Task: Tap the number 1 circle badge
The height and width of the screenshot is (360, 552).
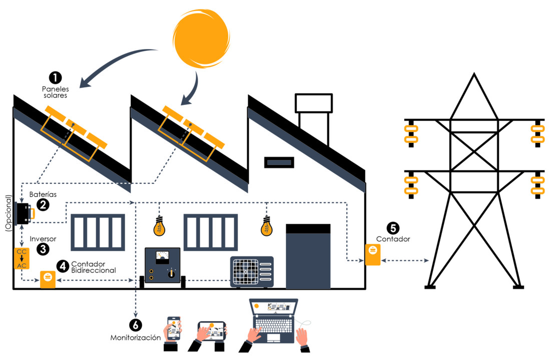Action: point(55,77)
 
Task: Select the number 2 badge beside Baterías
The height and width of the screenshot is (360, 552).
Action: point(43,204)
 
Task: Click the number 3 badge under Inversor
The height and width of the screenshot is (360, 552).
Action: point(43,248)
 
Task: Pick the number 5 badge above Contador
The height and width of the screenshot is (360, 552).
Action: point(393,228)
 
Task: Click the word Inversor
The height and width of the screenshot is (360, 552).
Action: point(43,239)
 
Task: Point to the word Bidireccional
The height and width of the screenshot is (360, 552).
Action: point(94,270)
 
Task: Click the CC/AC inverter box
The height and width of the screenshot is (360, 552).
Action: point(22,258)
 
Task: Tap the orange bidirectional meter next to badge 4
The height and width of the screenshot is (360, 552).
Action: point(48,279)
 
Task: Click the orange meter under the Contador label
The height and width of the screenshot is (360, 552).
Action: point(372,254)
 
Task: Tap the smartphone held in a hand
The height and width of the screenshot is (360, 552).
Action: point(174,327)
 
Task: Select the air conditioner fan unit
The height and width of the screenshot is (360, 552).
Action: point(252,272)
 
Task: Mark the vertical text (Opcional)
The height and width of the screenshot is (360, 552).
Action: point(7,212)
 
